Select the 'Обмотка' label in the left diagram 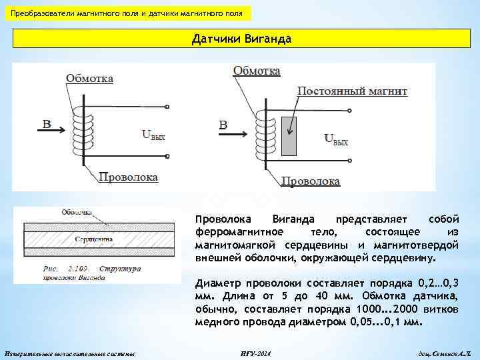[89, 78]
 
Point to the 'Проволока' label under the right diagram [310, 181]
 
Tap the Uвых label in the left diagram [153, 135]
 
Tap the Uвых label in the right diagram [336, 139]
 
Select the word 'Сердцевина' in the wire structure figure [93, 238]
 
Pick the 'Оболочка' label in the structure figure [76, 213]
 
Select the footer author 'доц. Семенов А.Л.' [436, 353]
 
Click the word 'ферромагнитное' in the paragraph [240, 231]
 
